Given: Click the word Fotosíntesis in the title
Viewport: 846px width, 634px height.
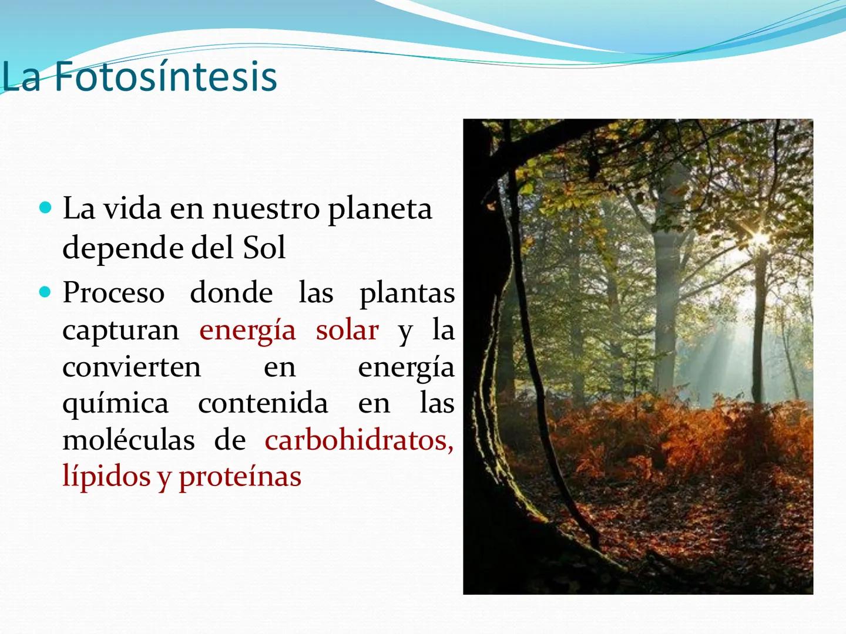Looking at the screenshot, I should tap(166, 77).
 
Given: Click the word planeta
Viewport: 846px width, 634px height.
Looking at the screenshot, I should tap(380, 210).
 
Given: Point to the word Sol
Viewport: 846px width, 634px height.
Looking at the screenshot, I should tap(264, 248).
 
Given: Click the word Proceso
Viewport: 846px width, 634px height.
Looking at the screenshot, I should tap(113, 293).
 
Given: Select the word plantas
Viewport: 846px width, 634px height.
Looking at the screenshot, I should tap(407, 294).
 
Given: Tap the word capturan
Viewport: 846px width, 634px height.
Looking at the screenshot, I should tap(120, 331).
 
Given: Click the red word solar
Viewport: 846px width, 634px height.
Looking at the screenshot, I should tap(347, 330).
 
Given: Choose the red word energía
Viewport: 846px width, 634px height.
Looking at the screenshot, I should tap(247, 331).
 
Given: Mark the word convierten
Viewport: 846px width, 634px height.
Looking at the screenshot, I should tap(132, 367).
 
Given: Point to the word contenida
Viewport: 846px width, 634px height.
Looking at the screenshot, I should tap(263, 403).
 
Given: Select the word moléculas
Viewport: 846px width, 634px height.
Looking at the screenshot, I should tap(128, 440).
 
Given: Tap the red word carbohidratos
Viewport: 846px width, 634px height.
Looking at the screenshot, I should tap(358, 440).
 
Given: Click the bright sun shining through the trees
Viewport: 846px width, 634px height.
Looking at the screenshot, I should tap(760, 240).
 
